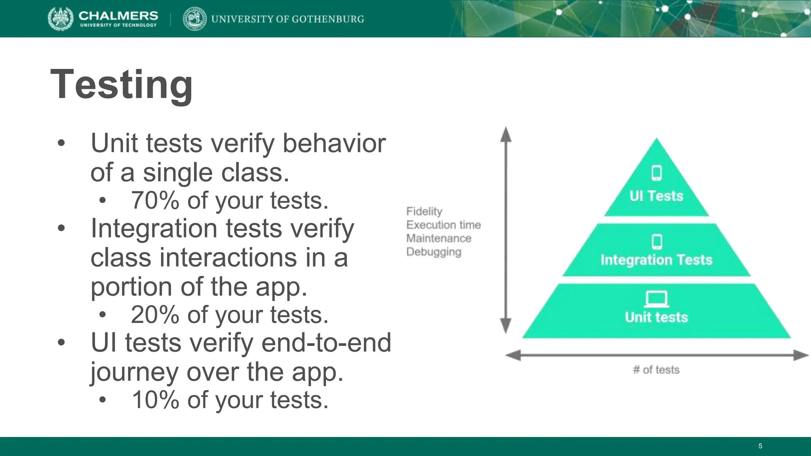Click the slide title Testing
122,84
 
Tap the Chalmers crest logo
60,19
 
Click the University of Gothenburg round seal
194,19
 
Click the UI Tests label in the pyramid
656,196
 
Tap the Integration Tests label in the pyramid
656,260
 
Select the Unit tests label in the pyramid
656,317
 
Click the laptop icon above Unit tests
656,299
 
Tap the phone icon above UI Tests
657,173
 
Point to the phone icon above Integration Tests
657,241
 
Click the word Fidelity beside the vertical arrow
424,211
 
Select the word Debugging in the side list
434,252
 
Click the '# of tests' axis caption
656,370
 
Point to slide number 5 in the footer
760,446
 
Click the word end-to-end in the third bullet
326,342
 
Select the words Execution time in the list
443,225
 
